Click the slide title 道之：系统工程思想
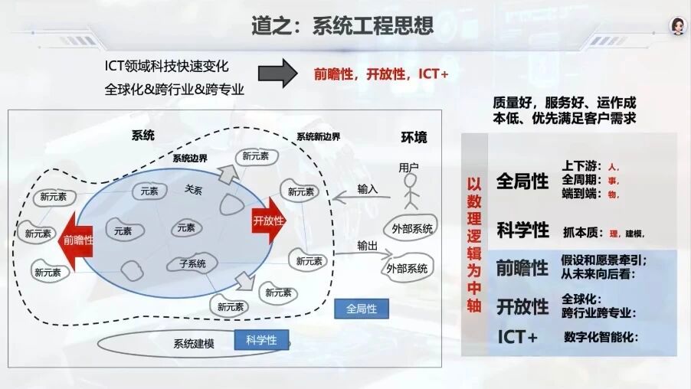pyautogui.click(x=342, y=26)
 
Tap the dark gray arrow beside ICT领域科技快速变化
pyautogui.click(x=277, y=74)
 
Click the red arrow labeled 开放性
pyautogui.click(x=268, y=220)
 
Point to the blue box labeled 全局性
pyautogui.click(x=362, y=309)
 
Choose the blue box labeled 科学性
pyautogui.click(x=261, y=340)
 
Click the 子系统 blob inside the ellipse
pyautogui.click(x=192, y=263)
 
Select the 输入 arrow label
pyautogui.click(x=368, y=188)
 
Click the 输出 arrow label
pyautogui.click(x=367, y=245)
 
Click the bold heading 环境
pyautogui.click(x=414, y=138)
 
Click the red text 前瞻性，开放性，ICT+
pyautogui.click(x=381, y=74)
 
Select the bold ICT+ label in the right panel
pyautogui.click(x=517, y=337)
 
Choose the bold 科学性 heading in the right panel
pyautogui.click(x=522, y=230)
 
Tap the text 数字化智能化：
pyautogui.click(x=601, y=337)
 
